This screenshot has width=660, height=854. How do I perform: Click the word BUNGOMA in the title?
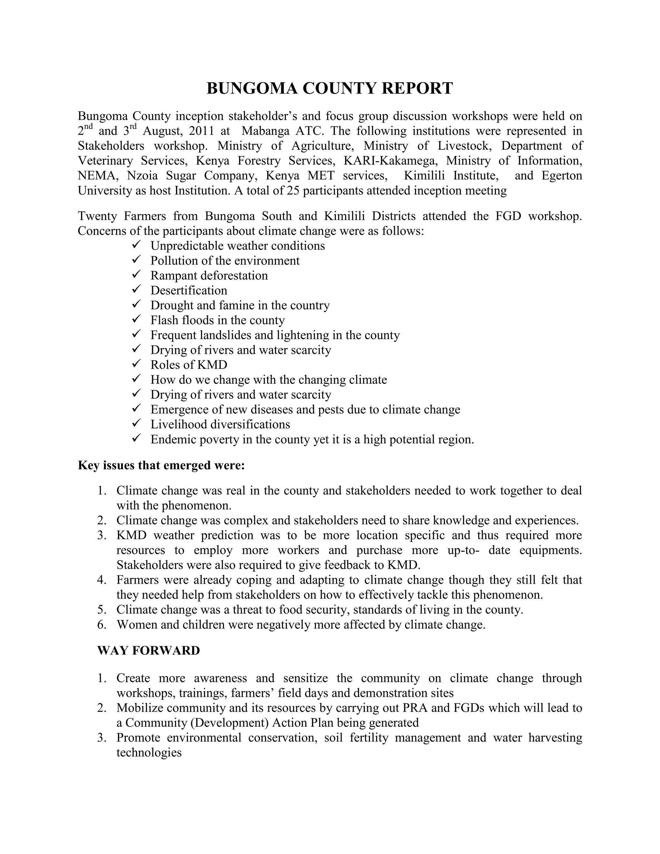(x=252, y=88)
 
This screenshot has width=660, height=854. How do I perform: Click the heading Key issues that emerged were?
(x=161, y=465)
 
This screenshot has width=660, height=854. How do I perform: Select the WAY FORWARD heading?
(x=149, y=650)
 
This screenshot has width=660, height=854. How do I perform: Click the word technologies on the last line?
(x=149, y=752)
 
